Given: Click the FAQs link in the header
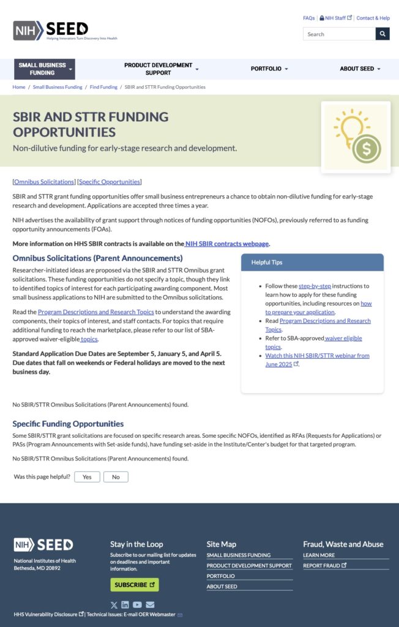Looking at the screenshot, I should [308, 18].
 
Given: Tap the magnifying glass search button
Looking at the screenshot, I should [382, 34].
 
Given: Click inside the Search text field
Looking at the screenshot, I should [338, 34].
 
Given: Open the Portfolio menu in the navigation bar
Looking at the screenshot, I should [269, 69].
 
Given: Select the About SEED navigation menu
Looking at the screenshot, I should [360, 69].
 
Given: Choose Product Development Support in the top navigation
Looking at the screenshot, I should [161, 69].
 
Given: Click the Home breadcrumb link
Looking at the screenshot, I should [19, 87].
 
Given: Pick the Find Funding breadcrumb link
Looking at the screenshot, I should [103, 87].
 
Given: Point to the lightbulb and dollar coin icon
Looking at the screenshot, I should [356, 137].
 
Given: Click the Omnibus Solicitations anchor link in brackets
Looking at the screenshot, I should [44, 182].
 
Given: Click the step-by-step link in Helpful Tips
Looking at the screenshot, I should [314, 286].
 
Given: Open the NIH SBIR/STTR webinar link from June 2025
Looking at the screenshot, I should [316, 356].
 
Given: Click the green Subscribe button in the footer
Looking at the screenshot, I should [134, 585].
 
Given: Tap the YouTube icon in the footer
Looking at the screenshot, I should [137, 605].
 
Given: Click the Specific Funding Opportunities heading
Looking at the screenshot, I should [68, 424].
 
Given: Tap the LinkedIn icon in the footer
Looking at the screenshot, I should [125, 605].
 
